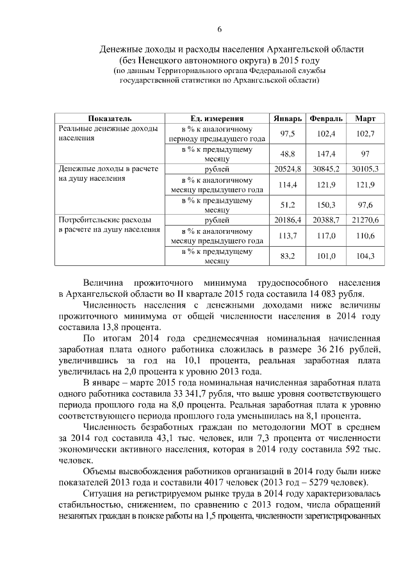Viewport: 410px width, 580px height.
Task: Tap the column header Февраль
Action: click(326, 119)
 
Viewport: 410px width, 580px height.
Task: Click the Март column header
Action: click(365, 119)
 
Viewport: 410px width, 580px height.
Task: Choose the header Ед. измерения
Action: click(217, 119)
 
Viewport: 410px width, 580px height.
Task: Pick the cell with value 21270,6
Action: click(365, 220)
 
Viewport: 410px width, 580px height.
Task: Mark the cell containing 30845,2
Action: click(326, 169)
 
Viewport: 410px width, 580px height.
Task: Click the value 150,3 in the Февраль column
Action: click(326, 205)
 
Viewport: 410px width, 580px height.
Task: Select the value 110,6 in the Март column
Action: click(365, 235)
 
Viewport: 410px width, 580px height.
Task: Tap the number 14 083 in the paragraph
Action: click(332, 294)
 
